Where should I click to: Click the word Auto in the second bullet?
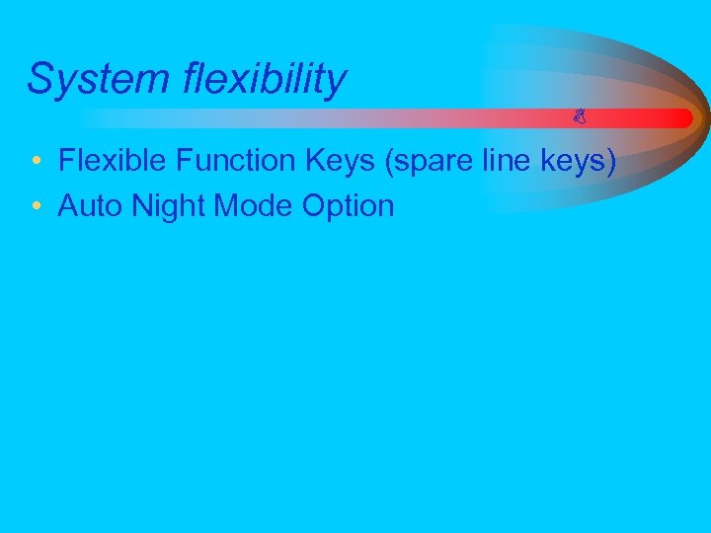pyautogui.click(x=91, y=206)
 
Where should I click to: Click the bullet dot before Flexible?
pyautogui.click(x=36, y=161)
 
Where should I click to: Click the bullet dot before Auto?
pyautogui.click(x=36, y=207)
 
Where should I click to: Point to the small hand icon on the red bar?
pyautogui.click(x=580, y=118)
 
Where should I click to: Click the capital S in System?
pyautogui.click(x=39, y=79)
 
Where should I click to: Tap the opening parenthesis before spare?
pyautogui.click(x=395, y=161)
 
